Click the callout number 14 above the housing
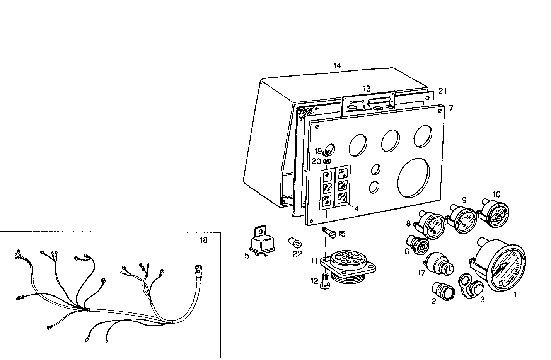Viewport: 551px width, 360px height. [x=337, y=66]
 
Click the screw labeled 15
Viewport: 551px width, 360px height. [x=329, y=233]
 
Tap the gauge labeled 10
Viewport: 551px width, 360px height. [x=496, y=213]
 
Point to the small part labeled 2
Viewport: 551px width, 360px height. [x=442, y=291]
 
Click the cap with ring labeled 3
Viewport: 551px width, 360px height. [x=471, y=286]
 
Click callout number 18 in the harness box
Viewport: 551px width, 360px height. [x=203, y=241]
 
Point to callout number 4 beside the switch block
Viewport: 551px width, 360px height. [x=357, y=209]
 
